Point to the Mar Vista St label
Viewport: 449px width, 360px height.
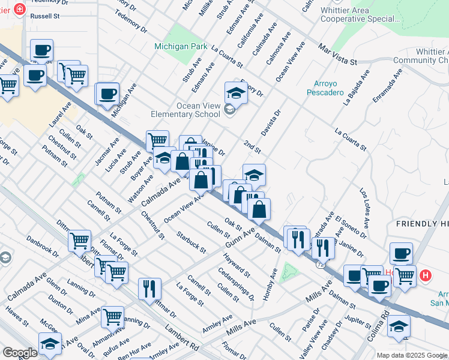337,54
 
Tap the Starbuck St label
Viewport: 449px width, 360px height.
191,241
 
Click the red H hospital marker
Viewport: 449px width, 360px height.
426,275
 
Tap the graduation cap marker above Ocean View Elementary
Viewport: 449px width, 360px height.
237,94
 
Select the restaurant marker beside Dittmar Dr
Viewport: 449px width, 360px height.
149,288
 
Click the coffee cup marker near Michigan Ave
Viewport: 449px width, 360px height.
108,94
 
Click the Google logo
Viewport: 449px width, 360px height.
20,353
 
